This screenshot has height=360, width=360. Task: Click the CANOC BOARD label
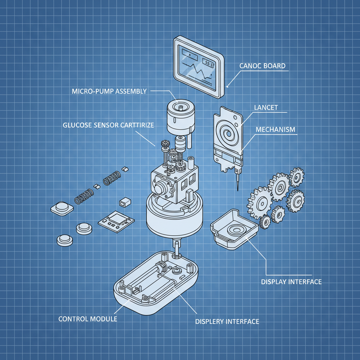tap(262, 66)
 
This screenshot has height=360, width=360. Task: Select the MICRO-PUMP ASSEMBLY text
tap(109, 91)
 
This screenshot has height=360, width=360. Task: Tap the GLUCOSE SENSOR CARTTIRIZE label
tap(108, 125)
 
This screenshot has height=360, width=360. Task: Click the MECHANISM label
tap(276, 129)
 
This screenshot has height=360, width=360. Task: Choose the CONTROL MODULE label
tap(88, 319)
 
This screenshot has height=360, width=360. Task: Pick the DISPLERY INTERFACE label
tap(227, 321)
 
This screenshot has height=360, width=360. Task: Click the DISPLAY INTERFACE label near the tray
tap(291, 282)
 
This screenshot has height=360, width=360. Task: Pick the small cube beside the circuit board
tap(125, 202)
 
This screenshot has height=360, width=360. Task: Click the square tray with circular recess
tap(233, 231)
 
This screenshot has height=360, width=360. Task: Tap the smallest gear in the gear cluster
tap(265, 222)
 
